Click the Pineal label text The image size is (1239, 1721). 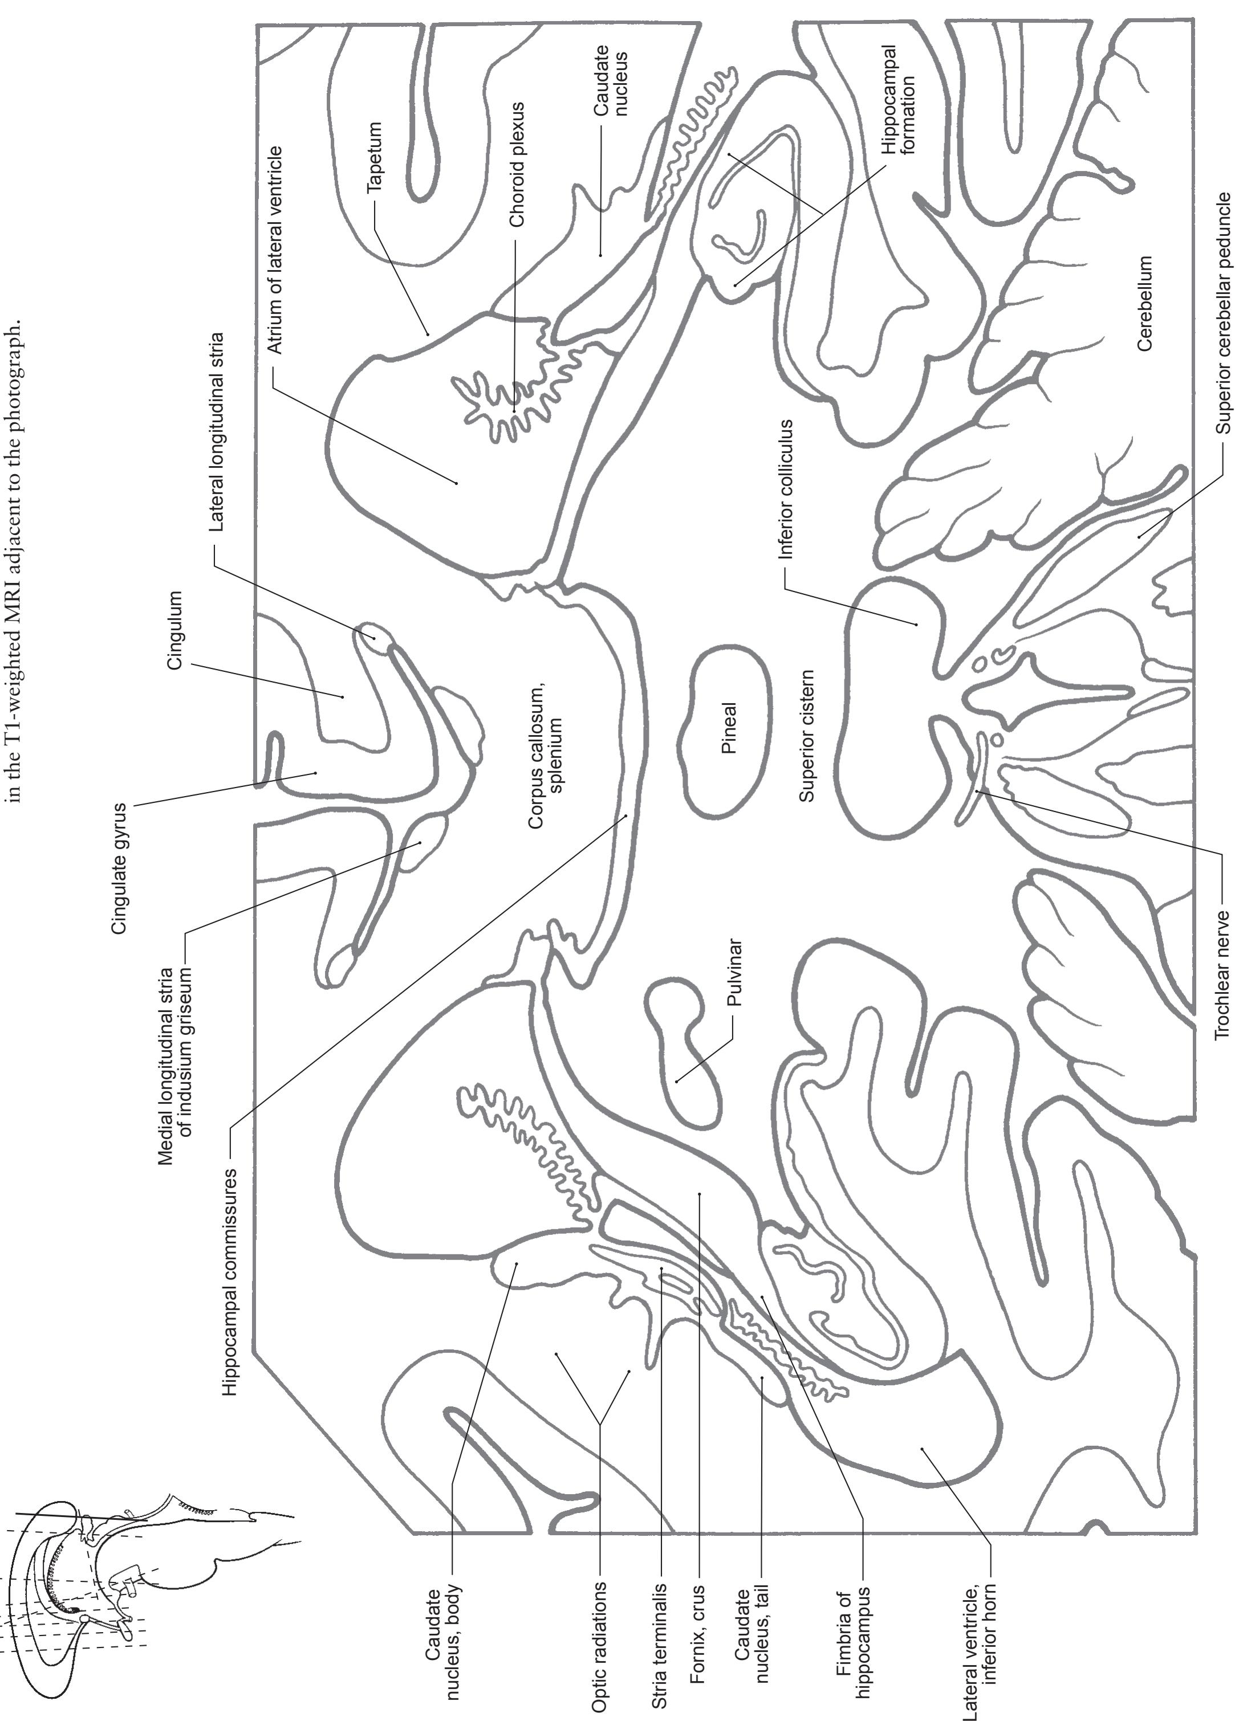point(728,728)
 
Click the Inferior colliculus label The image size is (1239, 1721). point(786,490)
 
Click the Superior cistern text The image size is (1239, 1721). point(806,736)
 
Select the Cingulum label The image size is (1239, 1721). point(176,630)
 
